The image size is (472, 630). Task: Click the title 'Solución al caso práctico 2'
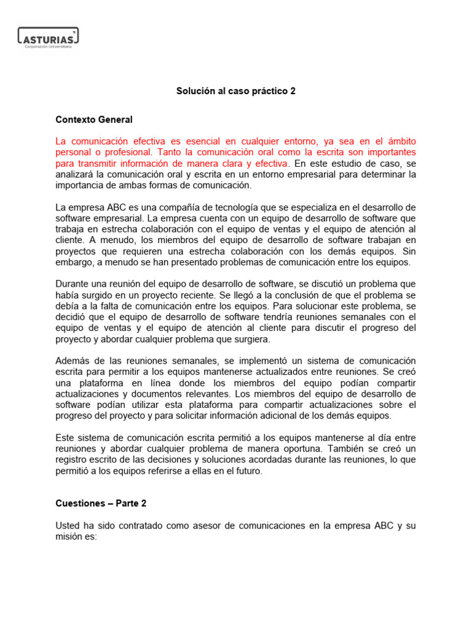[236, 91]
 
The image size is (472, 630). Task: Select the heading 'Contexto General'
[93, 119]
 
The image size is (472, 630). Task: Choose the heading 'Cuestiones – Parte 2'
[101, 503]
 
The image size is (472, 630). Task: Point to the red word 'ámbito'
[402, 140]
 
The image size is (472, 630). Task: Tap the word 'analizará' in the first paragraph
[75, 175]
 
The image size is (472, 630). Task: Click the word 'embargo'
[74, 262]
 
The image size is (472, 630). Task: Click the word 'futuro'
[248, 471]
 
